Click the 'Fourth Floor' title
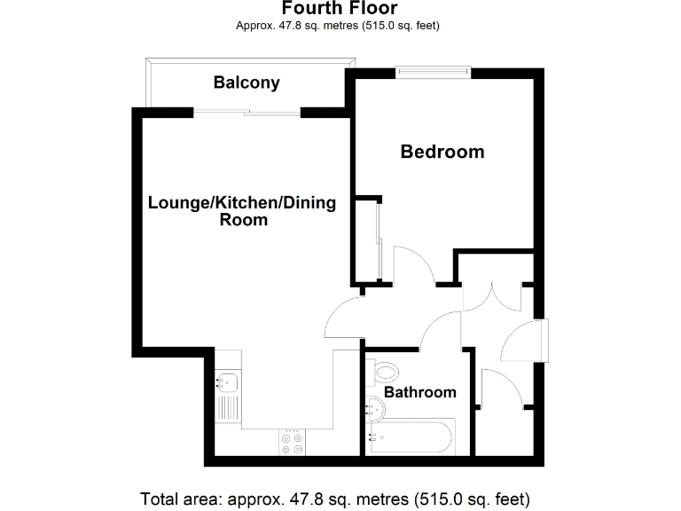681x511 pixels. click(x=340, y=9)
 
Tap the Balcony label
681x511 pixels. click(x=247, y=83)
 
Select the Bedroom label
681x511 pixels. click(x=442, y=152)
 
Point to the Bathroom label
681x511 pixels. click(x=419, y=392)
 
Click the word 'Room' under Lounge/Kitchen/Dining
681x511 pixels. click(x=243, y=220)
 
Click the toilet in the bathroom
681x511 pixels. click(x=386, y=372)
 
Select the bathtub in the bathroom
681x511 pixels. click(x=412, y=437)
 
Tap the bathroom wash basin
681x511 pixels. click(x=375, y=409)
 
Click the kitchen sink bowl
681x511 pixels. click(x=227, y=383)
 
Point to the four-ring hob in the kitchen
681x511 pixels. click(x=292, y=442)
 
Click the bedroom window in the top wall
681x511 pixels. click(x=433, y=74)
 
